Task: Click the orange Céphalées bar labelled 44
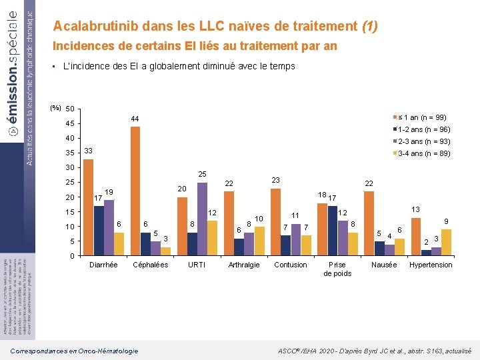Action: tap(135, 191)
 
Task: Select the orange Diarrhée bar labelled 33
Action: tap(88, 207)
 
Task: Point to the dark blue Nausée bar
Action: tap(379, 248)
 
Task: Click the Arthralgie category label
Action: tap(244, 265)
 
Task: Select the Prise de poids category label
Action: tap(337, 269)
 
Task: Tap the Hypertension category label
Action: tap(431, 265)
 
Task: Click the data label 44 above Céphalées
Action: tap(135, 119)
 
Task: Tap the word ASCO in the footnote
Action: tap(286, 351)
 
